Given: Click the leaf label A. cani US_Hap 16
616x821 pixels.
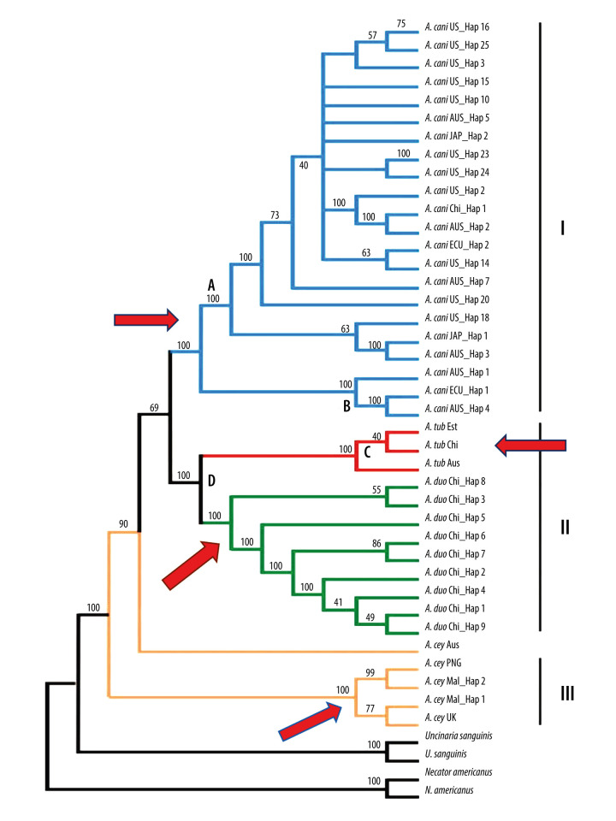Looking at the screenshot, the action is point(457,27).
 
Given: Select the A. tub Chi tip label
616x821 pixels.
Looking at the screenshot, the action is point(441,445).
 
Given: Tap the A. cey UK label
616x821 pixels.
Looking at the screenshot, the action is point(441,718).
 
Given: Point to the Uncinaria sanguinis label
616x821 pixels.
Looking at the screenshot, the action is point(459,735).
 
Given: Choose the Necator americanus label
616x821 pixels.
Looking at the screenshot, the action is point(459,771).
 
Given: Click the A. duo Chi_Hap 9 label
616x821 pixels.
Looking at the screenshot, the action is point(455,626).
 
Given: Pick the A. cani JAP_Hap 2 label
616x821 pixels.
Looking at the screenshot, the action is point(456,136).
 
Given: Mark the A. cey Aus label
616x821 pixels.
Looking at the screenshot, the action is point(442,645).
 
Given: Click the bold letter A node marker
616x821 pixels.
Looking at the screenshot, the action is point(211,285).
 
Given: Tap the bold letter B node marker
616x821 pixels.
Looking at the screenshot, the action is point(346,405).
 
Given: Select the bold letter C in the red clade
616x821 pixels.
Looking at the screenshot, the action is point(367,452).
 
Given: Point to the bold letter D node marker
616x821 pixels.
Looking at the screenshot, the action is point(211,480).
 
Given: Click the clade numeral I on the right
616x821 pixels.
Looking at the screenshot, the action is point(563,227).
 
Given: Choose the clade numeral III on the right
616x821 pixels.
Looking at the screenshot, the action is point(567,694).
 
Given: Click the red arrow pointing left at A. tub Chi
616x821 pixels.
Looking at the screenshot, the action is point(530,446).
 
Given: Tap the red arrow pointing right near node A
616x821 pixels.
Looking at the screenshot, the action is point(146,319).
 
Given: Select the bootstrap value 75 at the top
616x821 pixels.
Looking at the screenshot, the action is point(401,24).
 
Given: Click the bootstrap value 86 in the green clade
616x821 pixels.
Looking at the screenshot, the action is point(376,544).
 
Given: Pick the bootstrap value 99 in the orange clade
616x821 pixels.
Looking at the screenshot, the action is point(370,673).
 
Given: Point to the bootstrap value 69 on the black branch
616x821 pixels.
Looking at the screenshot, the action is point(154,407).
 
